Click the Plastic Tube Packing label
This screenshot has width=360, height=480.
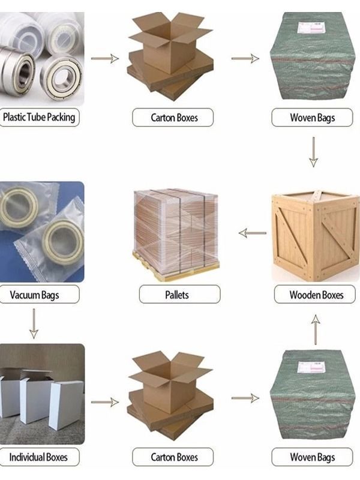coord(38,117)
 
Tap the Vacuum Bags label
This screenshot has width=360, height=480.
coord(34,295)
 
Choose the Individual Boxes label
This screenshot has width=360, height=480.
coord(38,457)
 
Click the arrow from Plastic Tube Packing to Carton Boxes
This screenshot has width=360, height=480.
coord(104,58)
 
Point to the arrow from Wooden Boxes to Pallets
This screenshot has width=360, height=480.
coord(253,233)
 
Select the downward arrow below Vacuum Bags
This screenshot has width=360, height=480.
coord(34,323)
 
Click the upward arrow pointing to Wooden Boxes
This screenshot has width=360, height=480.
coord(316,329)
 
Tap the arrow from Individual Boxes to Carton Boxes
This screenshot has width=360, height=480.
coord(104,402)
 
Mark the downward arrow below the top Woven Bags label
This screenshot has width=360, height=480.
coord(313,152)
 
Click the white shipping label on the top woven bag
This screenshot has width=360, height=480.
coord(310,27)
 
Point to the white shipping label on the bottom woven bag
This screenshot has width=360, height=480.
coord(310,367)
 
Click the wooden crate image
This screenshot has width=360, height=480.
coord(316,236)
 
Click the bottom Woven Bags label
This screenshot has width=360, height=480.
coord(312,457)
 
